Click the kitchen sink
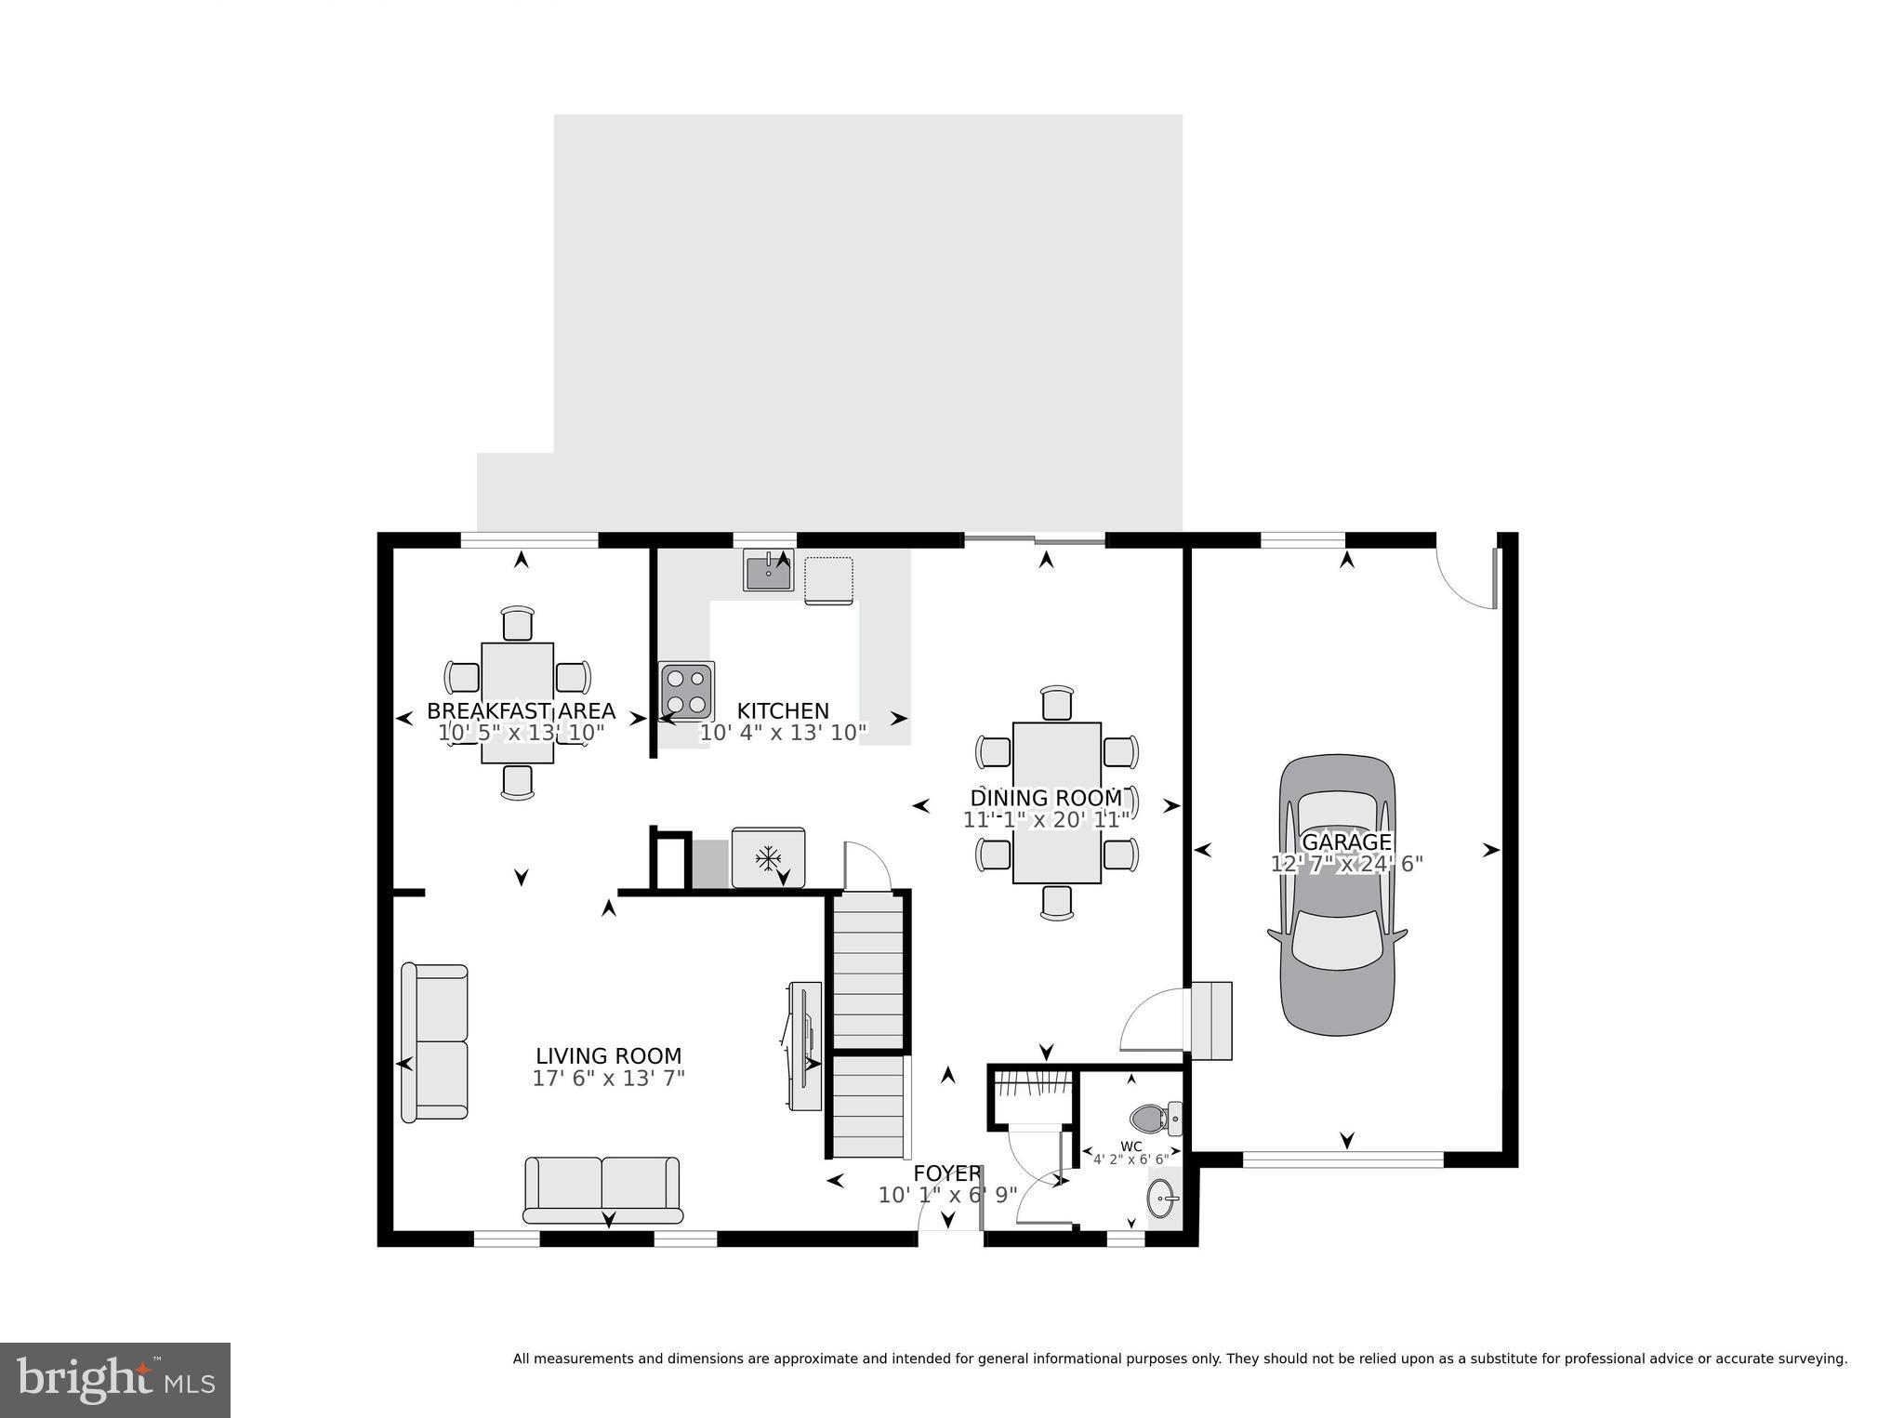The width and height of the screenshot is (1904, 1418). [768, 571]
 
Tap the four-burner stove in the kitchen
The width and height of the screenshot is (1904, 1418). [686, 691]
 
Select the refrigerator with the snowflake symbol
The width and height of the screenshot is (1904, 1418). [768, 857]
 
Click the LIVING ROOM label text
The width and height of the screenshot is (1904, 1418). [608, 1056]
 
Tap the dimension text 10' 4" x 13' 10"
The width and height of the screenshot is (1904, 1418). [783, 733]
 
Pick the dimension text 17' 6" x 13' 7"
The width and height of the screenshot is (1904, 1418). [608, 1079]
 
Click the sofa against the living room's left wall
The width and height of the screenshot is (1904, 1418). [434, 1041]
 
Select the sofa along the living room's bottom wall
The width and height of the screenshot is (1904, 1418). [602, 1190]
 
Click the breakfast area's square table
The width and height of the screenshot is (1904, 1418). [518, 702]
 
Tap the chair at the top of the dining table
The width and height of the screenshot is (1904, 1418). [1057, 703]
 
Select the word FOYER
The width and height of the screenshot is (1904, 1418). [946, 1173]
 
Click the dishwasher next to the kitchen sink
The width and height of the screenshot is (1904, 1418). [828, 580]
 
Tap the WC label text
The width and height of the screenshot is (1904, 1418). [1130, 1146]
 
